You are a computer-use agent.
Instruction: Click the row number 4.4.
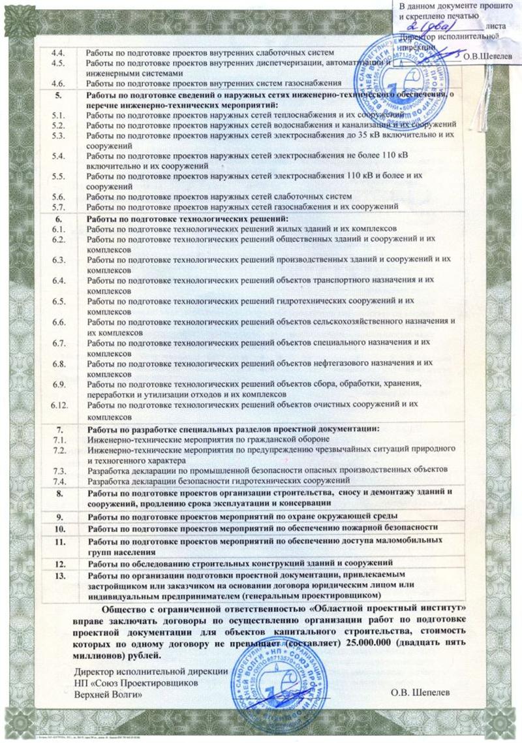point(58,52)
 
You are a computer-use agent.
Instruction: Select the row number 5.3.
point(58,134)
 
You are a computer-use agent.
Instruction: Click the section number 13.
point(60,575)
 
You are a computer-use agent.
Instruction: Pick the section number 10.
point(60,528)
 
